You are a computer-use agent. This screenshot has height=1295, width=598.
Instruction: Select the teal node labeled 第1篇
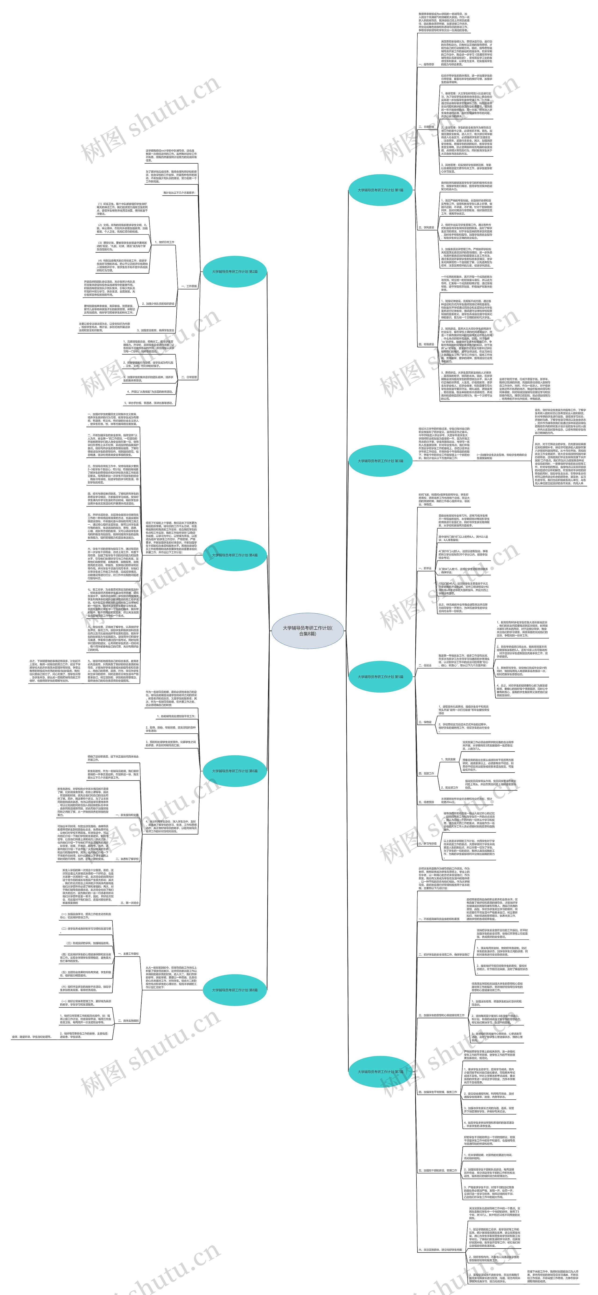[380, 190]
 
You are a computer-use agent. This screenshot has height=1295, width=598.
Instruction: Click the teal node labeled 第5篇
[380, 677]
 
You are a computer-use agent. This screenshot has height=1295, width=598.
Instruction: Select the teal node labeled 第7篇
[380, 1071]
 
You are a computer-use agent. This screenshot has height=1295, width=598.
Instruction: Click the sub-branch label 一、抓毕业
[425, 569]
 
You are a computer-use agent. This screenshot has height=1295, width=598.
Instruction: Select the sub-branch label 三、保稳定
[425, 722]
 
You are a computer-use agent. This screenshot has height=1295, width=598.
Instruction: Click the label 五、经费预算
[426, 802]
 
